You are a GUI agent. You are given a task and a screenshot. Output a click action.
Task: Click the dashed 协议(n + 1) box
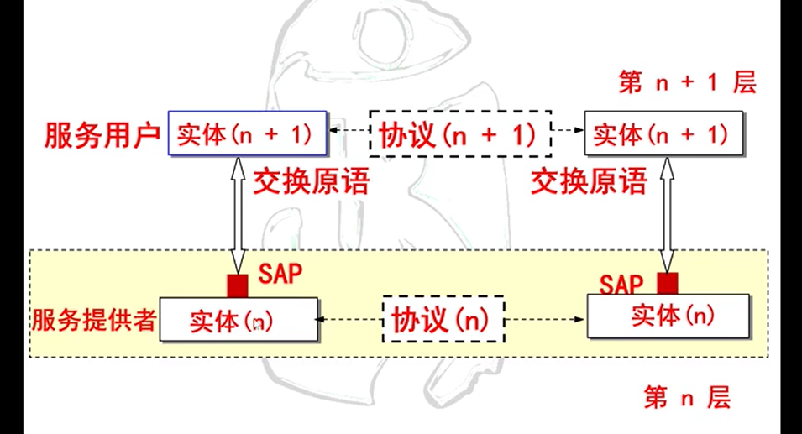point(459,133)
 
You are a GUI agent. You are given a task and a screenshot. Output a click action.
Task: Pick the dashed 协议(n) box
point(443,319)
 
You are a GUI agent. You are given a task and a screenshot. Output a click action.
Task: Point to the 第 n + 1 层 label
point(687,82)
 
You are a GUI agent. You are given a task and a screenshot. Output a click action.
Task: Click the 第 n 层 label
point(687,397)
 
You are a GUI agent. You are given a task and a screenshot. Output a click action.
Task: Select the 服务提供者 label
point(94,320)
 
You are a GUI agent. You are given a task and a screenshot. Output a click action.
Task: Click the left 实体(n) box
point(238,320)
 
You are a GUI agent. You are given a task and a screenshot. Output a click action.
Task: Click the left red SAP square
point(238,285)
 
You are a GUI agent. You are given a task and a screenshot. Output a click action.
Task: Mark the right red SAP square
point(668,283)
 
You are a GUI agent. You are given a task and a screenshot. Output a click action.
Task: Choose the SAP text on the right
point(621,283)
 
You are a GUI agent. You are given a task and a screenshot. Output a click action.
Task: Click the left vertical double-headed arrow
point(237,214)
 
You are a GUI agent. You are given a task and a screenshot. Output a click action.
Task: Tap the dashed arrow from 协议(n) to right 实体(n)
point(546,320)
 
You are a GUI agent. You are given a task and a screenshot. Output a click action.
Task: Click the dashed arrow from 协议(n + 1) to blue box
point(349,132)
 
